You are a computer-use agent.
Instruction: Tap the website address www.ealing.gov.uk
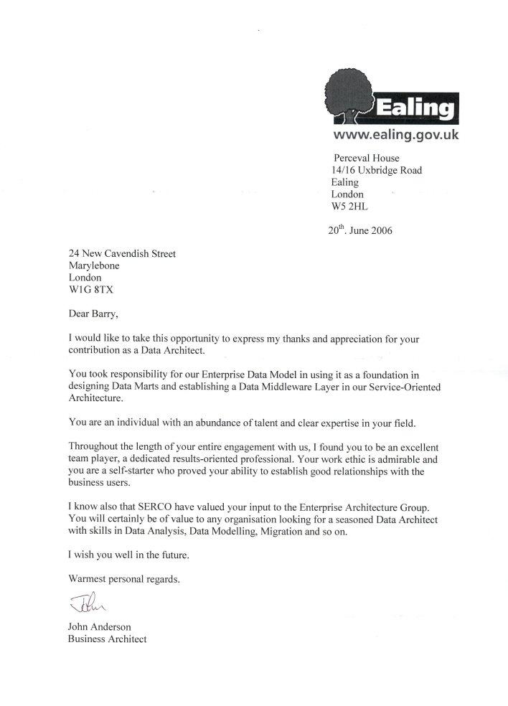(x=397, y=134)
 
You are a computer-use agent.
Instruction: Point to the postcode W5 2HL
(x=349, y=206)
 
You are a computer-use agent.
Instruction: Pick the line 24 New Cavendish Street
(x=121, y=253)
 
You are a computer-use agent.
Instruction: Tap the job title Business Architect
(x=107, y=639)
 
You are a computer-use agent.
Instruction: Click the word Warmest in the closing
(x=87, y=578)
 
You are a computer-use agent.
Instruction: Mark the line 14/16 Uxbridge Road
(x=376, y=170)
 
